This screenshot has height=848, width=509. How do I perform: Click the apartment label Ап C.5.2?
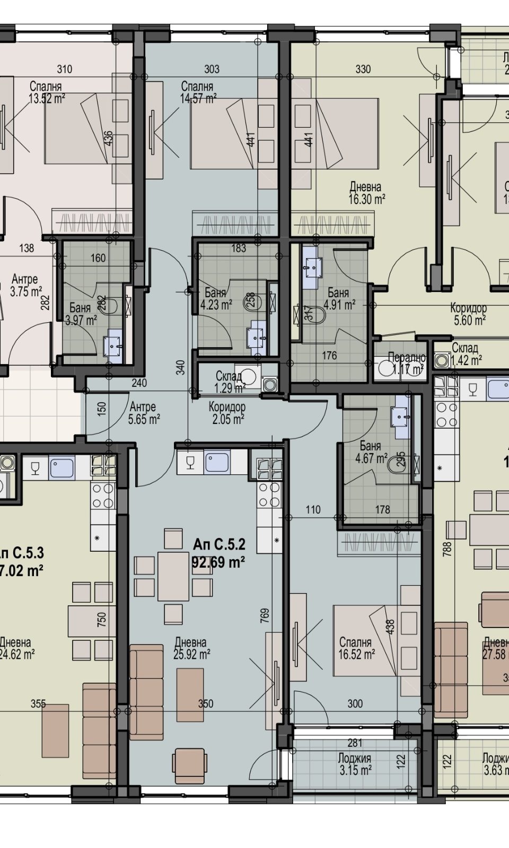click(219, 544)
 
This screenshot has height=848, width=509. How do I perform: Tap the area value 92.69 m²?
click(218, 561)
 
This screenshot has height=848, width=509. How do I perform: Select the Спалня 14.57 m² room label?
click(198, 92)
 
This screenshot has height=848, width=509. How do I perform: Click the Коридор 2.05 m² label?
click(226, 413)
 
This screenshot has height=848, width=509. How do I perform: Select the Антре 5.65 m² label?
click(144, 413)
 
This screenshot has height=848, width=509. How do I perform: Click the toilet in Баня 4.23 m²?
click(250, 303)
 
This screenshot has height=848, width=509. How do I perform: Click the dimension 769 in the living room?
click(265, 614)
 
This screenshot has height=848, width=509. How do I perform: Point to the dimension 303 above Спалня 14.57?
click(211, 69)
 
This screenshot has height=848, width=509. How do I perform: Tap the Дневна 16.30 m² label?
click(366, 193)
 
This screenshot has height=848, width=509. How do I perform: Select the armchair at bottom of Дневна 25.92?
click(188, 763)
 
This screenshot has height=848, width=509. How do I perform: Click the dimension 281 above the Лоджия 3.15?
click(354, 743)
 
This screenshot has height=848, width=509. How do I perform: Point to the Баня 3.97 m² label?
click(81, 314)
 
